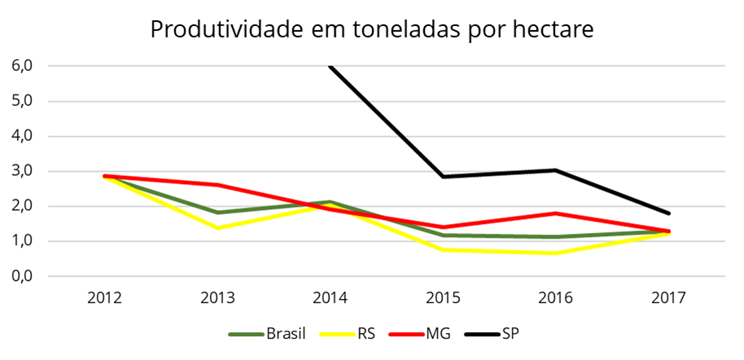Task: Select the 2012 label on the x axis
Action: (x=104, y=297)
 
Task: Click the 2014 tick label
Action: (x=330, y=297)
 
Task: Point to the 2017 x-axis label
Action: (x=669, y=297)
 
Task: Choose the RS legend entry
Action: (x=365, y=333)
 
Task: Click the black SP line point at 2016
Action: (x=556, y=170)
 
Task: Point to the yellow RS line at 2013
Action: (x=217, y=228)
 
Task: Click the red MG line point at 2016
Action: (x=556, y=213)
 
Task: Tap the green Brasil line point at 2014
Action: (x=330, y=202)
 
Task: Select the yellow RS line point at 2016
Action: (x=556, y=253)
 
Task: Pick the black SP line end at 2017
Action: (x=669, y=213)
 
